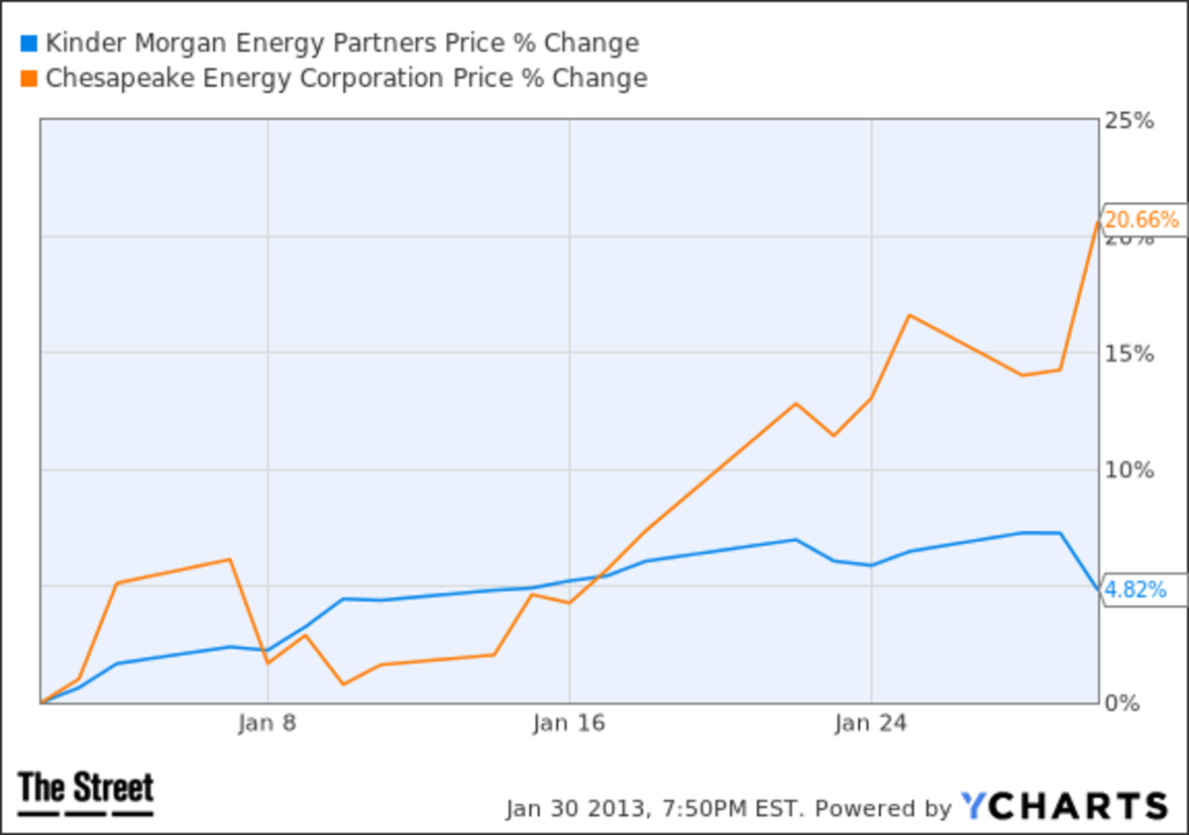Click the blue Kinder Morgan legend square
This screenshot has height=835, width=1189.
(28, 44)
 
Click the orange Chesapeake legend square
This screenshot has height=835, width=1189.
(28, 78)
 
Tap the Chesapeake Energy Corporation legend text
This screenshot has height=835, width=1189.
(345, 78)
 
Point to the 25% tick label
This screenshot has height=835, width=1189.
(1130, 121)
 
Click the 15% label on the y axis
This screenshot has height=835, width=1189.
(1130, 354)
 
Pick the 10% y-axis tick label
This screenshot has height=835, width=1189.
(1130, 470)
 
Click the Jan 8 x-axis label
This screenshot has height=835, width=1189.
(267, 723)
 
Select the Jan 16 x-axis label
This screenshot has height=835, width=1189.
(568, 723)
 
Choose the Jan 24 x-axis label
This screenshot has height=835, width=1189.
(870, 723)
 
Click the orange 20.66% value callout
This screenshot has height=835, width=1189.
(1141, 220)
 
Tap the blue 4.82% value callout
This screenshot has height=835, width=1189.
(1135, 590)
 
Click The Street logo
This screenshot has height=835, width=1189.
(86, 792)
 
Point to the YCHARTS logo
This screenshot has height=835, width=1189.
(1064, 806)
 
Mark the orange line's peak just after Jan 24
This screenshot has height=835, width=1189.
(909, 315)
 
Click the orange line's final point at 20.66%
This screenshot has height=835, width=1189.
(1098, 221)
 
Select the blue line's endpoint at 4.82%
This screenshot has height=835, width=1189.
(1098, 591)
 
